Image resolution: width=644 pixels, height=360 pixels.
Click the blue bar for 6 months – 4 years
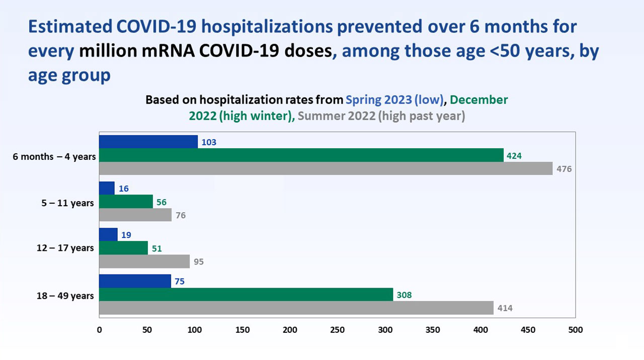click(x=148, y=142)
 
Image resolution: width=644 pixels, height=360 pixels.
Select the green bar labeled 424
click(x=301, y=155)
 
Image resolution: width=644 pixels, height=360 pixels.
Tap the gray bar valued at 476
click(x=326, y=168)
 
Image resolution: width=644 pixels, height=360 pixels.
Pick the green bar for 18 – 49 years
click(x=246, y=295)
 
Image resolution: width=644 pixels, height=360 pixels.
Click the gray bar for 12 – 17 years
click(x=144, y=261)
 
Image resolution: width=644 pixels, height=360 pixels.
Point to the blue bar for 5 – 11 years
click(x=107, y=188)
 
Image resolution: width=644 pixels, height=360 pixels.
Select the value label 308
click(x=404, y=295)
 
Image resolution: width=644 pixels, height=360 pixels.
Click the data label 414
click(x=505, y=308)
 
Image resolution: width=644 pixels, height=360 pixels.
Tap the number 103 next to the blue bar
click(x=208, y=142)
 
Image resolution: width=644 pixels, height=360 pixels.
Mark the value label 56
click(x=161, y=202)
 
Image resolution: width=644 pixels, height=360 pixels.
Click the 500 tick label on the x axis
click(x=575, y=330)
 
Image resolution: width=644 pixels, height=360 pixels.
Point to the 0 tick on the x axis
click(x=99, y=330)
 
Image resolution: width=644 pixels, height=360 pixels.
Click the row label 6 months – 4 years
click(x=54, y=156)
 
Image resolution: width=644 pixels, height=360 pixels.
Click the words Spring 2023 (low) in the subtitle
click(x=394, y=100)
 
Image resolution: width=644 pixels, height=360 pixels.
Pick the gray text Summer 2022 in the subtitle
click(x=336, y=116)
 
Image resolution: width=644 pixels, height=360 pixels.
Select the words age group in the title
click(x=69, y=75)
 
